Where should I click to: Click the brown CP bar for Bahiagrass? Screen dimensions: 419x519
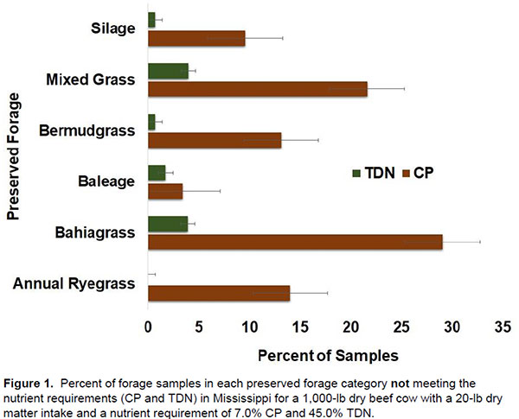pos(295,242)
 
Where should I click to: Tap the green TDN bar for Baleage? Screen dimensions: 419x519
pos(157,173)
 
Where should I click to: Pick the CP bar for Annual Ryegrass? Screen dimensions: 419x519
pos(219,294)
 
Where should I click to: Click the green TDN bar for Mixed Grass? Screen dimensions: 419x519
pos(168,71)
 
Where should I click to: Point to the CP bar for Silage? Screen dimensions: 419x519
pos(196,38)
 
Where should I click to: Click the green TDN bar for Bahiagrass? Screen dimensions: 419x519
pos(168,225)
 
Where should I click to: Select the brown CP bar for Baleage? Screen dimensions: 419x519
pos(165,192)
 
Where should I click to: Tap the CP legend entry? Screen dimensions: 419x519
pos(420,173)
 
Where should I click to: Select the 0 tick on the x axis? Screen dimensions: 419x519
pos(148,327)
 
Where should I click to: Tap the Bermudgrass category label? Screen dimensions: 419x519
pos(87,131)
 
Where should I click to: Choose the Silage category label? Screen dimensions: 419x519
pos(113,29)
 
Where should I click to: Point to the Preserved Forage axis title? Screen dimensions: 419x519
pos(14,162)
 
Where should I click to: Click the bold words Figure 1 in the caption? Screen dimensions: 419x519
pos(32,380)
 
